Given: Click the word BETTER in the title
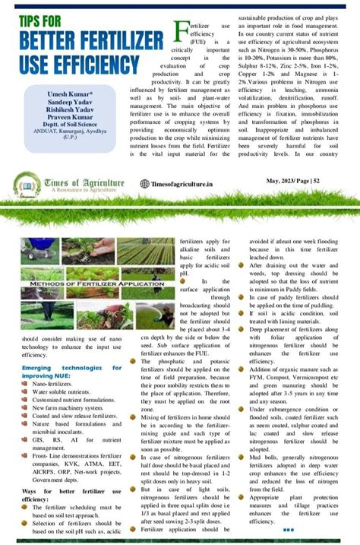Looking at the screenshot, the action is (x=47, y=40).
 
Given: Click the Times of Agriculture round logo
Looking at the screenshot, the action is (x=27, y=182).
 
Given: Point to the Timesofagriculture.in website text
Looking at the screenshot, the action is (x=183, y=183).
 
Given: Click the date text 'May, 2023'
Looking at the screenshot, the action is (x=283, y=182).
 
